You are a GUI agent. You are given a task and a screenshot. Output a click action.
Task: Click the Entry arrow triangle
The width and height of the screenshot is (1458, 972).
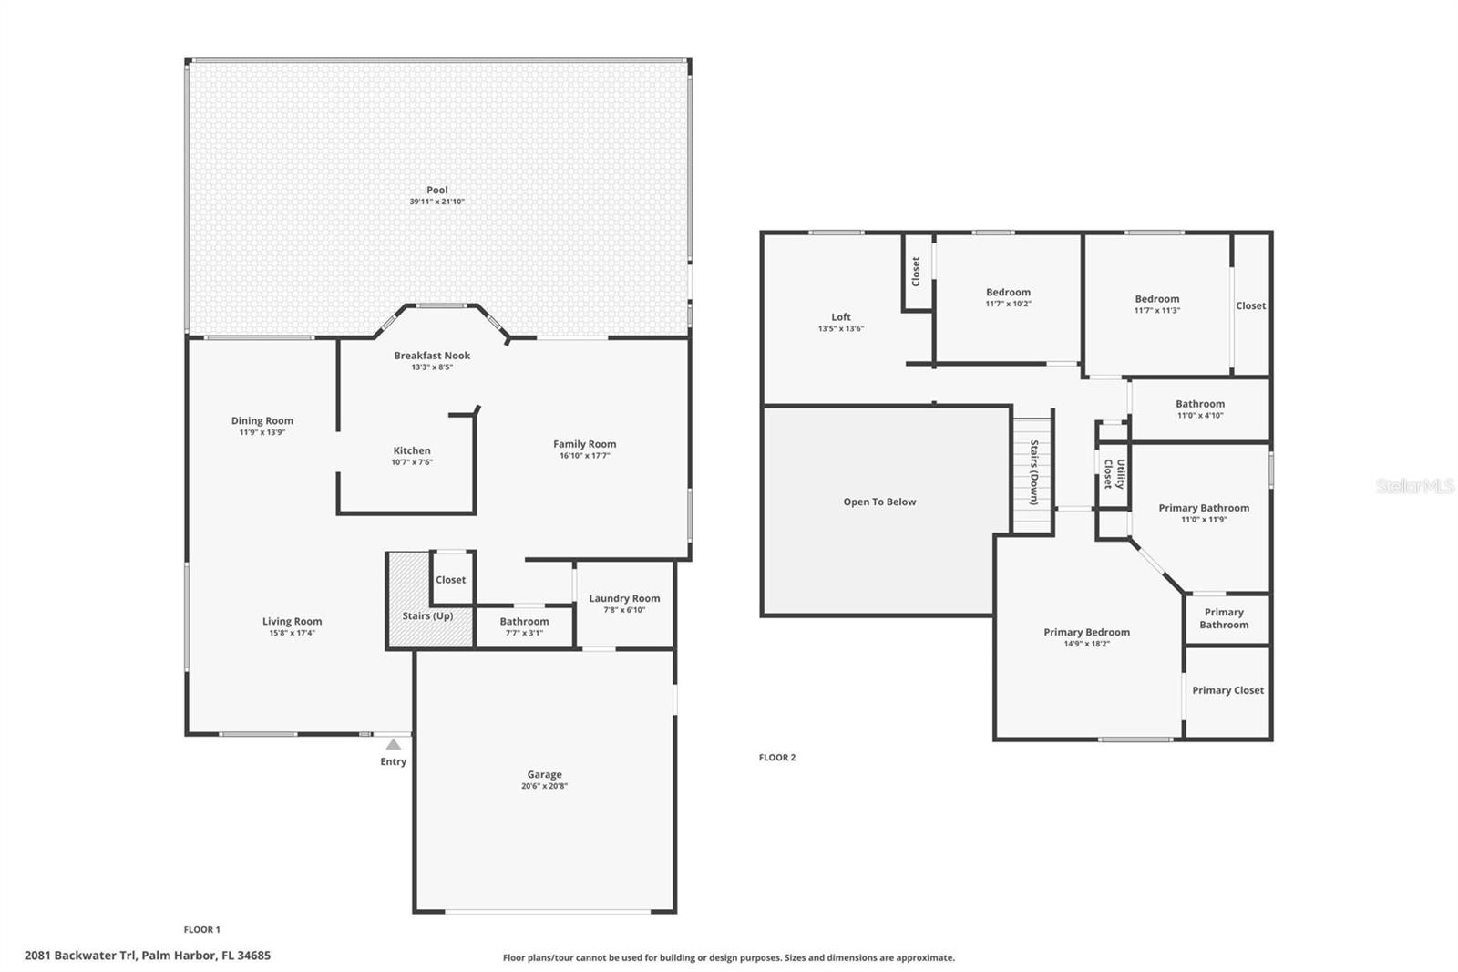pos(393,744)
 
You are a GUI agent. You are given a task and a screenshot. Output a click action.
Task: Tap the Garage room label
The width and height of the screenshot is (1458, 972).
pos(545,774)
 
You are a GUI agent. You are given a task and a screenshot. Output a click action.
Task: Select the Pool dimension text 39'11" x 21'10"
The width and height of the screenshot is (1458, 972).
pos(436,202)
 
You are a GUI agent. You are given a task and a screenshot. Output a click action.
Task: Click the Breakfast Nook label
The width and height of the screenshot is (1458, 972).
pos(432,355)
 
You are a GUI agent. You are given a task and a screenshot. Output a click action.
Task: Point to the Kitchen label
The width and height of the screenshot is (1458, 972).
pos(412,450)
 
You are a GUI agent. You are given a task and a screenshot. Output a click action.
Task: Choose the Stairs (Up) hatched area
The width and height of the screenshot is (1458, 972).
pos(429,599)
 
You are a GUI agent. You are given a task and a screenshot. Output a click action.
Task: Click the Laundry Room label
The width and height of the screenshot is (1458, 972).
pos(624,598)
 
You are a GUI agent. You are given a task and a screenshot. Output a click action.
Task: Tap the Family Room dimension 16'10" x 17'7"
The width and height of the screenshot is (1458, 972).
pos(584,455)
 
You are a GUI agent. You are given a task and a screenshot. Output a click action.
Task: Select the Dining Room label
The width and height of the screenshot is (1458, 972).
pos(262,420)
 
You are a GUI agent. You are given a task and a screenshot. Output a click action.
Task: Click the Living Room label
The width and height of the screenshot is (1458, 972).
pos(293,621)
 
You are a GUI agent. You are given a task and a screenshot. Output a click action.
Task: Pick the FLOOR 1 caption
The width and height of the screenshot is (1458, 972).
pos(201,930)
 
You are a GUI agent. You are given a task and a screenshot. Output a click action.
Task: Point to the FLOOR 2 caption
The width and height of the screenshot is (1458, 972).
pos(777,757)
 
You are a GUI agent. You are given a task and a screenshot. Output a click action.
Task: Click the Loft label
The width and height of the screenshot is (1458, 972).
pos(841,316)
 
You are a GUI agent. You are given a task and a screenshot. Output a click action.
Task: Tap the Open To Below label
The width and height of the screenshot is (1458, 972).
pos(879,502)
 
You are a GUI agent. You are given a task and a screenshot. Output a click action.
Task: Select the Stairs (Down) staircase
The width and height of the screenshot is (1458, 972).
pos(1033,476)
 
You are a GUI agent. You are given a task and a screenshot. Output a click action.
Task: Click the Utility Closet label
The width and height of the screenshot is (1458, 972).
pos(1114,473)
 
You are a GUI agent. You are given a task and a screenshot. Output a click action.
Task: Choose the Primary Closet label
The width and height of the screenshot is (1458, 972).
pos(1227,690)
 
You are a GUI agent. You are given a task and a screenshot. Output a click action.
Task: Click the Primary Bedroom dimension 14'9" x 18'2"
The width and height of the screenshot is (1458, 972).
pos(1086,644)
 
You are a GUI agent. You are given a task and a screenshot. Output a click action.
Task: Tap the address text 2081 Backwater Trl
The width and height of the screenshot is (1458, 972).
pos(80,955)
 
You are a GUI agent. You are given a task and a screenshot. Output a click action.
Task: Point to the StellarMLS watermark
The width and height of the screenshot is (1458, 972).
pos(1415,485)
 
